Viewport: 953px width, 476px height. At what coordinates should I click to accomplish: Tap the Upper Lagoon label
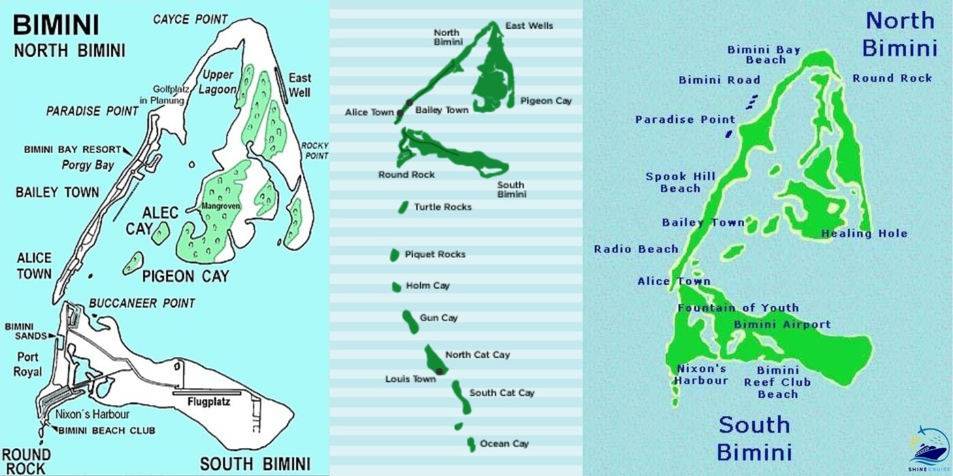click(x=217, y=82)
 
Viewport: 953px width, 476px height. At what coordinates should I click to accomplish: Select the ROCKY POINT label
click(x=314, y=150)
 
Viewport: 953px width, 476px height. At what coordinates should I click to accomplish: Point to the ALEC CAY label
click(x=151, y=220)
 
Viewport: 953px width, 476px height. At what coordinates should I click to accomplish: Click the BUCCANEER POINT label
click(x=142, y=303)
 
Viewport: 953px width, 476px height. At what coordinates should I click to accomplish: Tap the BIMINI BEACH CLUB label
click(x=106, y=430)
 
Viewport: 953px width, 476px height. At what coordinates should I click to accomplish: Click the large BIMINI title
click(x=56, y=26)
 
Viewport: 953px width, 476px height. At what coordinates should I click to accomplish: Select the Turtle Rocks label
click(x=442, y=207)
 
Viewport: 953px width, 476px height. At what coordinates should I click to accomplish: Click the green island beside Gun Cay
click(x=409, y=321)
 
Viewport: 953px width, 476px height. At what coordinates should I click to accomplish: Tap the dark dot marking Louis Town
click(x=440, y=371)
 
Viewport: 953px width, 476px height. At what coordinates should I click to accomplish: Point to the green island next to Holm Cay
click(x=396, y=287)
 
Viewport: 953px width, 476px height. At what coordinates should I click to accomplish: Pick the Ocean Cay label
click(x=504, y=444)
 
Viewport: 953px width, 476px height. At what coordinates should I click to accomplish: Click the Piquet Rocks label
click(x=435, y=254)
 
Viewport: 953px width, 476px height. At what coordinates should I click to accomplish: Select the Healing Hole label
click(x=865, y=233)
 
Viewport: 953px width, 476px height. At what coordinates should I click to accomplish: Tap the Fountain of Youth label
click(x=738, y=308)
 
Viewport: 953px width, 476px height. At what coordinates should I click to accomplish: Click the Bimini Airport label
click(x=782, y=325)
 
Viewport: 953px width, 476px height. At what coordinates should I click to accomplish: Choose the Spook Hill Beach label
click(x=680, y=182)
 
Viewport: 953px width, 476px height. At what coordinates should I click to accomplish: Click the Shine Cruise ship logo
click(x=928, y=449)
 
